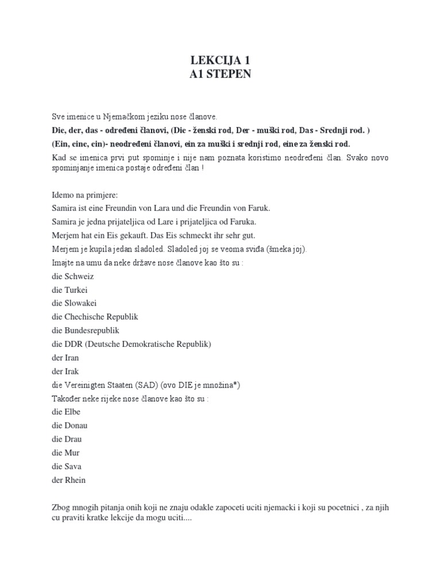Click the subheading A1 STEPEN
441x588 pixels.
pos(220,75)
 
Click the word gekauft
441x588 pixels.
pos(137,235)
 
